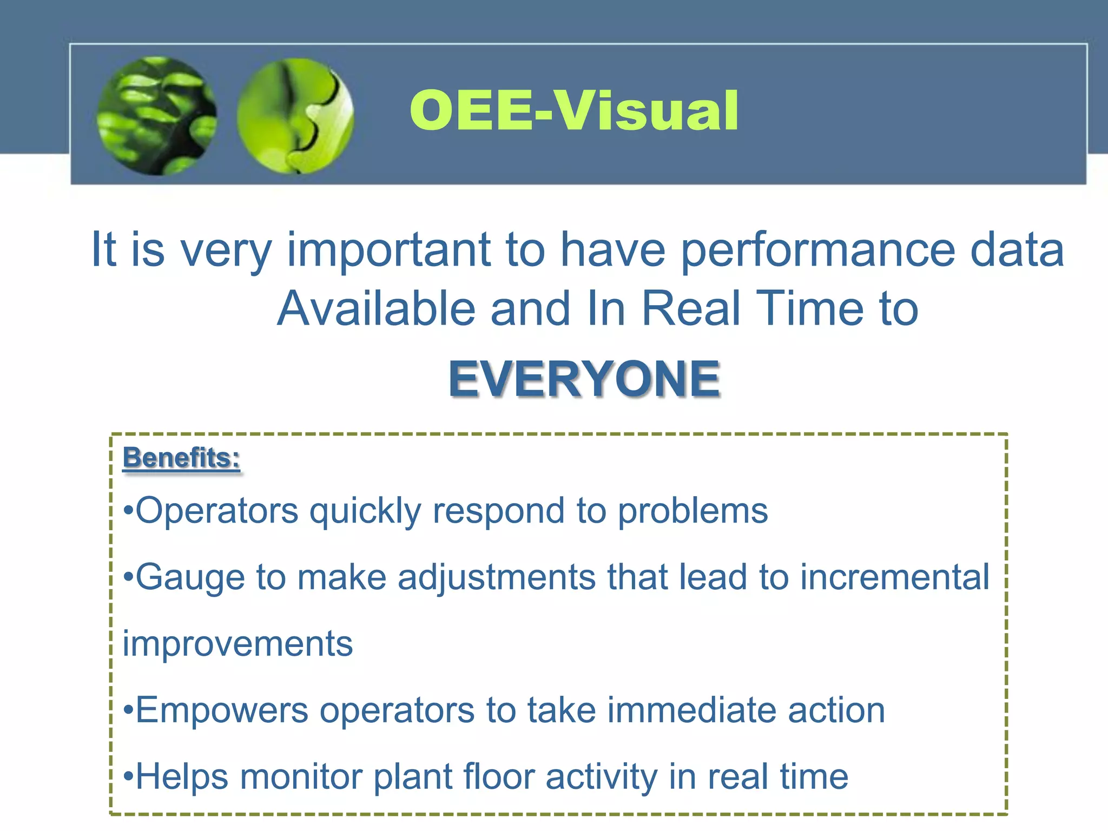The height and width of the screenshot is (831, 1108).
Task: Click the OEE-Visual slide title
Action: pos(574,111)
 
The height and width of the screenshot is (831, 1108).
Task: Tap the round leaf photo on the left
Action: pos(157,116)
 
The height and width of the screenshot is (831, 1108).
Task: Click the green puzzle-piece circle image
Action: pos(295,116)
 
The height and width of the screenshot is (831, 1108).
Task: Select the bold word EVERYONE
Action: pos(584,379)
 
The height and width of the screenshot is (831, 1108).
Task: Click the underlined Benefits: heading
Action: pos(181,458)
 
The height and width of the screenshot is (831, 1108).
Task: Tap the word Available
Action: pos(376,308)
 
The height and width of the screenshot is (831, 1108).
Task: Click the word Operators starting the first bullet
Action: pos(216,511)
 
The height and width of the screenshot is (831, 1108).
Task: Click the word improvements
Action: pos(238,644)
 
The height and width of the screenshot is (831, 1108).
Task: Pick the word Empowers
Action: pos(221,710)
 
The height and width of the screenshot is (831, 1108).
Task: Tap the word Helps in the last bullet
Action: pos(182,777)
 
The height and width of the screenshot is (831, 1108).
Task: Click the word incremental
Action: pos(895,577)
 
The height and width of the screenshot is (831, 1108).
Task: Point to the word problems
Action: pos(693,511)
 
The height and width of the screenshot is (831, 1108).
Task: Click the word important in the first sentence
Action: pos(388,250)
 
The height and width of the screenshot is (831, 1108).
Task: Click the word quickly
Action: pos(365,512)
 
